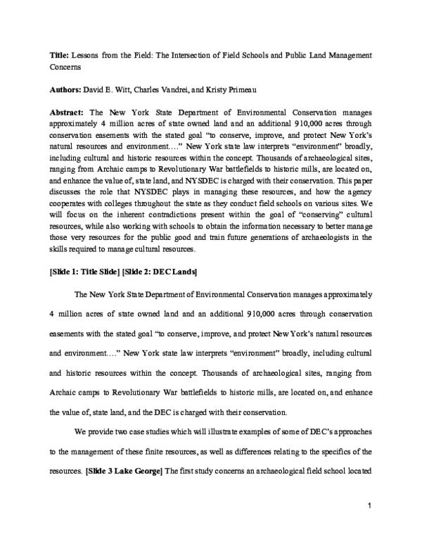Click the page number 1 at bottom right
369,504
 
